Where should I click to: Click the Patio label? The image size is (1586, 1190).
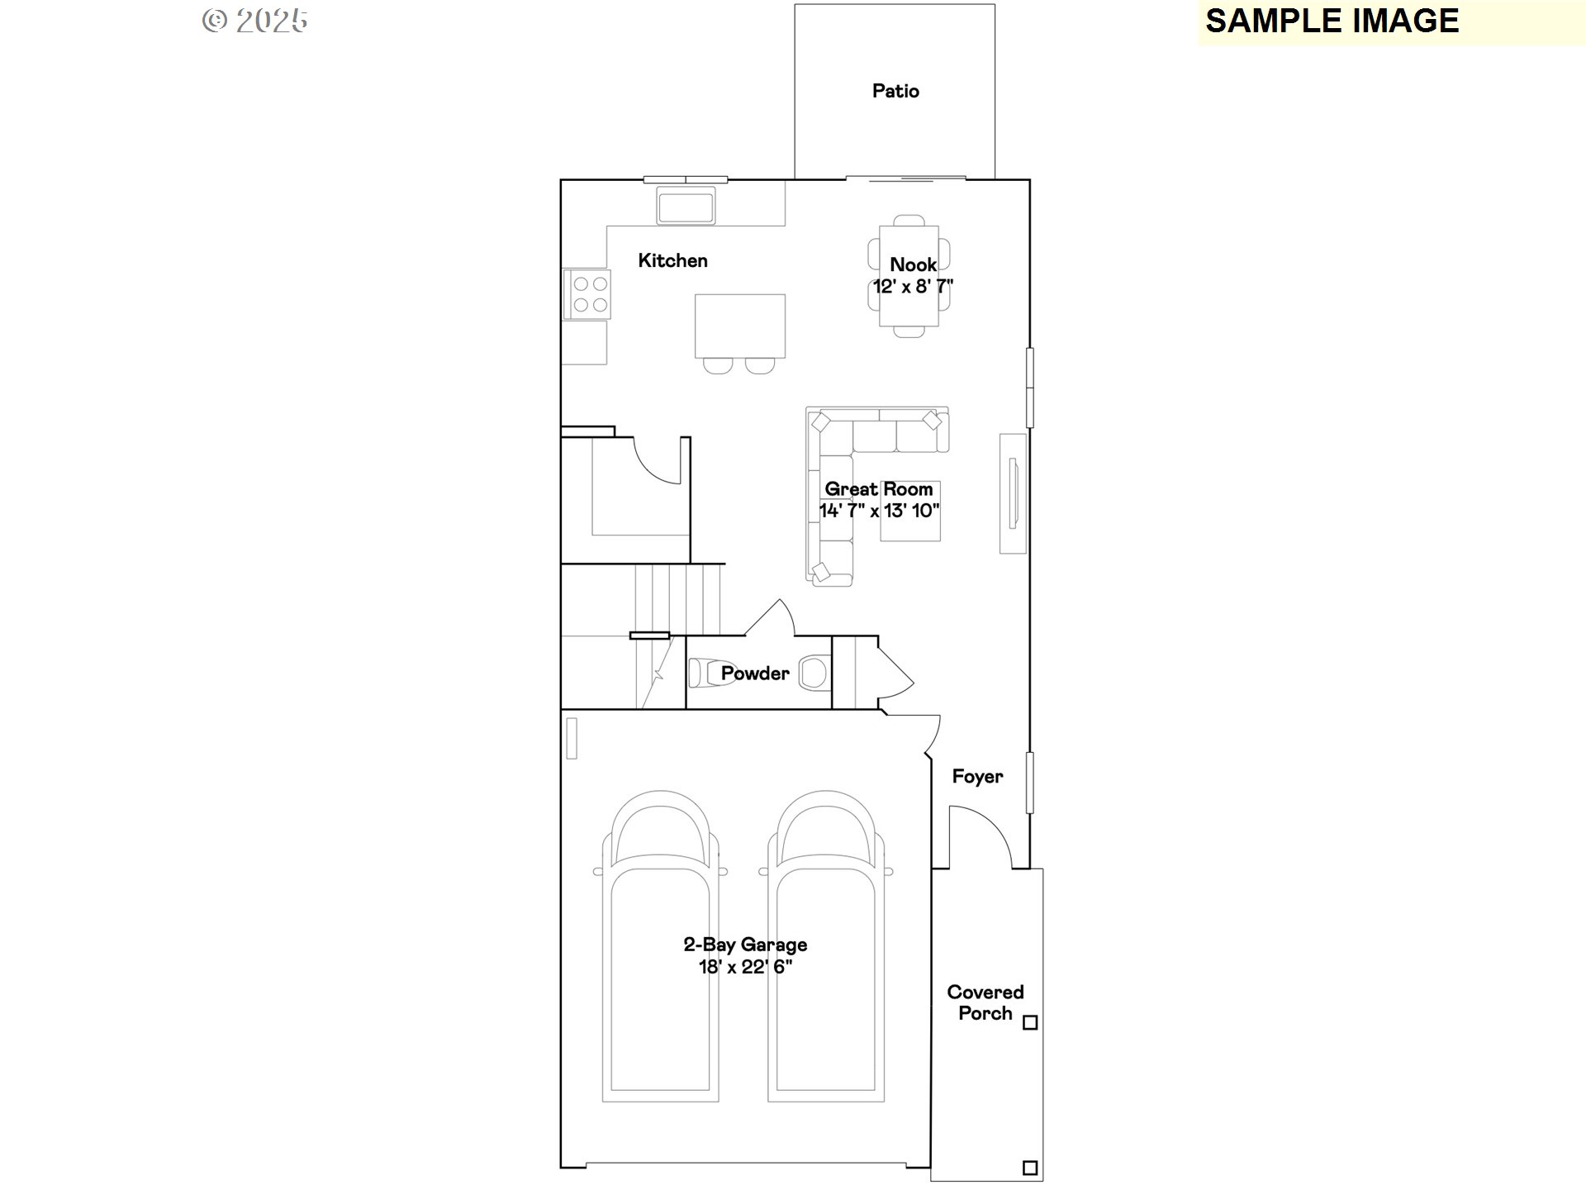[x=895, y=91]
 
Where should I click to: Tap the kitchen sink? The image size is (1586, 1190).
[x=686, y=205]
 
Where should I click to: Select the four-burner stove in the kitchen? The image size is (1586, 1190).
[x=587, y=294]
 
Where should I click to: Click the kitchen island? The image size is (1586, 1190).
[x=740, y=326]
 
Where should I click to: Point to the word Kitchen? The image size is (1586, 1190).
[x=672, y=261]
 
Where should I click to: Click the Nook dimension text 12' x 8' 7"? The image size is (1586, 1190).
[x=914, y=287]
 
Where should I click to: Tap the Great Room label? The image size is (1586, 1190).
[x=879, y=489]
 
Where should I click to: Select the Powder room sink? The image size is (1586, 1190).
[x=814, y=673]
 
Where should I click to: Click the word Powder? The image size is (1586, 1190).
[x=755, y=674]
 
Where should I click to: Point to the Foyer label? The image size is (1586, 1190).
[x=977, y=777]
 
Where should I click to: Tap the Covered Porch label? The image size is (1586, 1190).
[x=985, y=1002]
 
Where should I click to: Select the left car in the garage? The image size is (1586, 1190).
[x=661, y=946]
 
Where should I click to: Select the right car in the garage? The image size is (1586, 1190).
[x=826, y=946]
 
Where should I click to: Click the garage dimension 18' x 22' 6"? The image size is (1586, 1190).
[x=746, y=967]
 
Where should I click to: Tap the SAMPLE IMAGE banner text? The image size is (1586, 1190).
[x=1332, y=21]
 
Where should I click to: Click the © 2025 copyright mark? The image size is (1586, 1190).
[x=255, y=21]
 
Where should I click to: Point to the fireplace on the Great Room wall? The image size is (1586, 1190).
[x=1014, y=493]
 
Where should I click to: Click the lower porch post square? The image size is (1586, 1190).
[x=1030, y=1168]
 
